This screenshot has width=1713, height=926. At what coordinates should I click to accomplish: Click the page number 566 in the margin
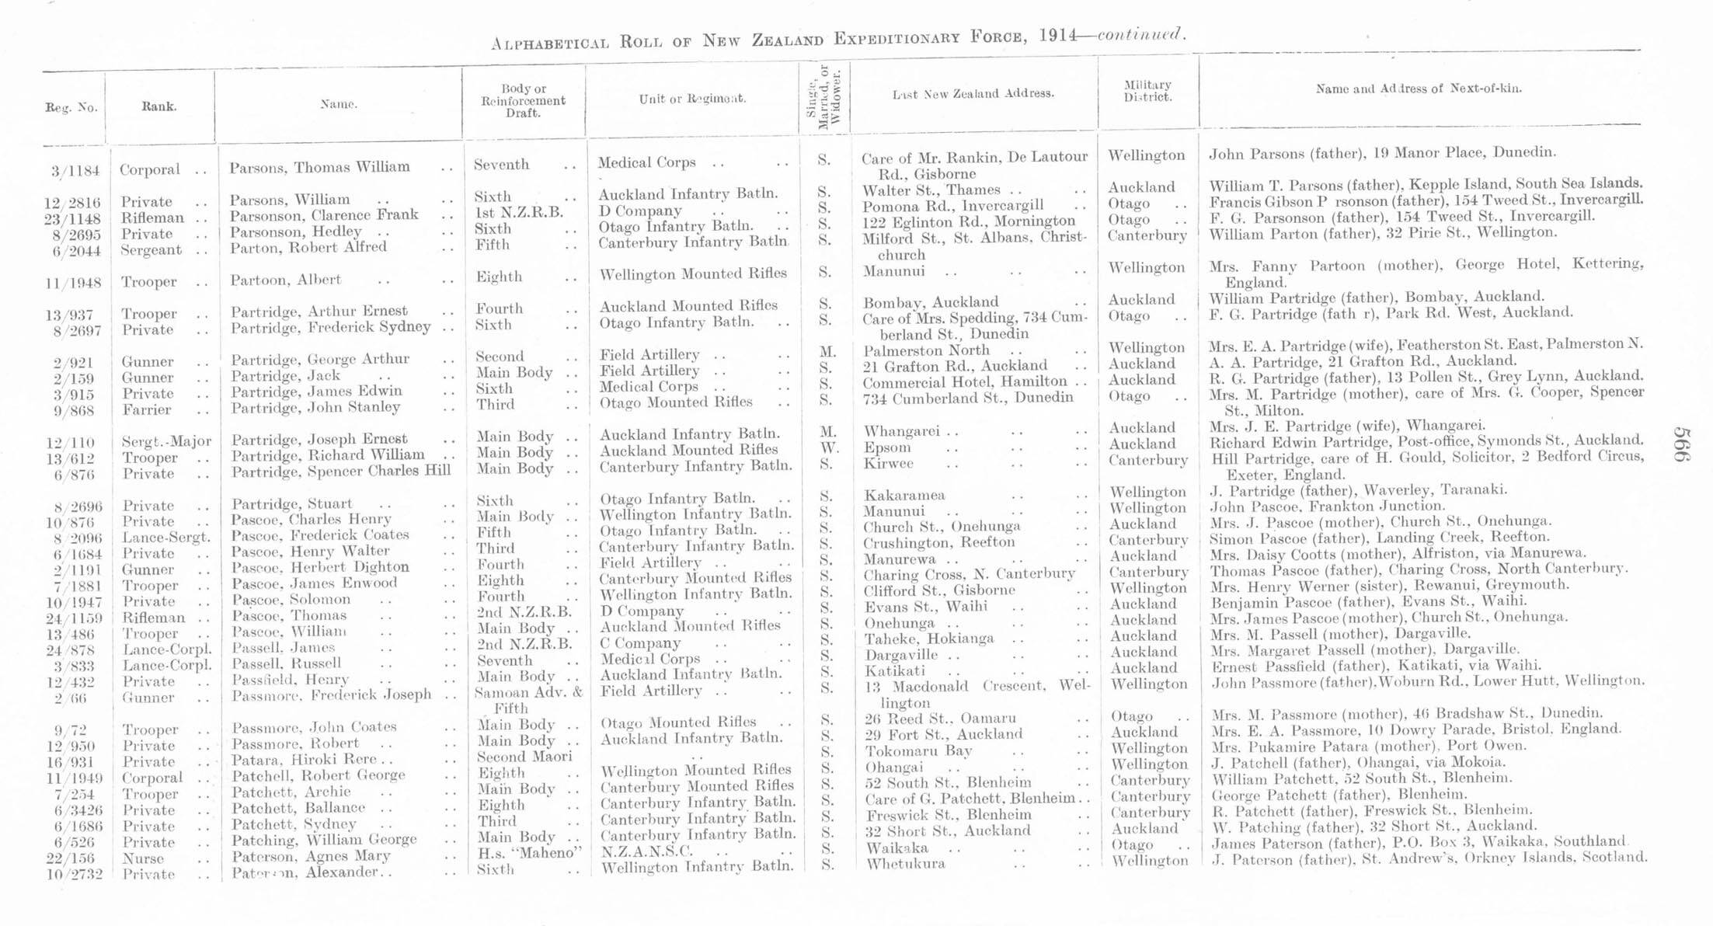[1682, 444]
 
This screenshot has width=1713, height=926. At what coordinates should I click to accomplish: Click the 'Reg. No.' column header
[71, 108]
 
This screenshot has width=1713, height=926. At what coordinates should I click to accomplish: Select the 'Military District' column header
[1147, 91]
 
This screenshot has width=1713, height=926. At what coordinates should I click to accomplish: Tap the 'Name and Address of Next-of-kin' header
[1418, 89]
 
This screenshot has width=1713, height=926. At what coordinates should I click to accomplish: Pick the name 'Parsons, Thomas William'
[319, 167]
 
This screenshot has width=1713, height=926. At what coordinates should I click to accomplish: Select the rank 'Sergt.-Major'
[166, 442]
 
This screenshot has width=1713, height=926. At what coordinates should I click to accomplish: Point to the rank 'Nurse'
[143, 858]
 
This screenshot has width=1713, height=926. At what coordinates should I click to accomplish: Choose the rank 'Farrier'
[147, 409]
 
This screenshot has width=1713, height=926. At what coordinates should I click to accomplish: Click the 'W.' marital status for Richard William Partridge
[829, 448]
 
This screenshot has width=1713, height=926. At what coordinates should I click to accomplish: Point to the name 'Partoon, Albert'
[285, 280]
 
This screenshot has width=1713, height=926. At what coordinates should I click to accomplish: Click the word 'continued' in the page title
[1140, 35]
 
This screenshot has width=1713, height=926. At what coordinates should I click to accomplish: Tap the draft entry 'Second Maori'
[524, 757]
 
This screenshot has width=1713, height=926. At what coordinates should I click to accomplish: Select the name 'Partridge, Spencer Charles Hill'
[340, 472]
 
